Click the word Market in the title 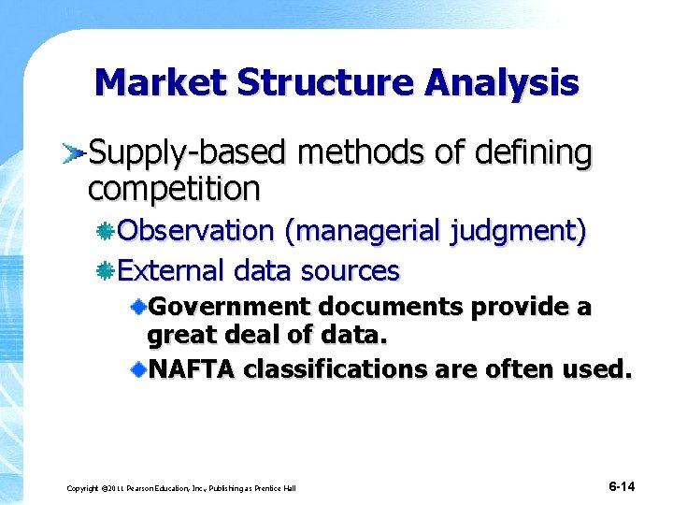(x=160, y=83)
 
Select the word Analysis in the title (x=503, y=83)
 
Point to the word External (x=172, y=271)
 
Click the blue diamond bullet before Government (x=138, y=307)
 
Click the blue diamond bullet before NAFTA (x=138, y=369)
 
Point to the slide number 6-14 (x=622, y=486)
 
